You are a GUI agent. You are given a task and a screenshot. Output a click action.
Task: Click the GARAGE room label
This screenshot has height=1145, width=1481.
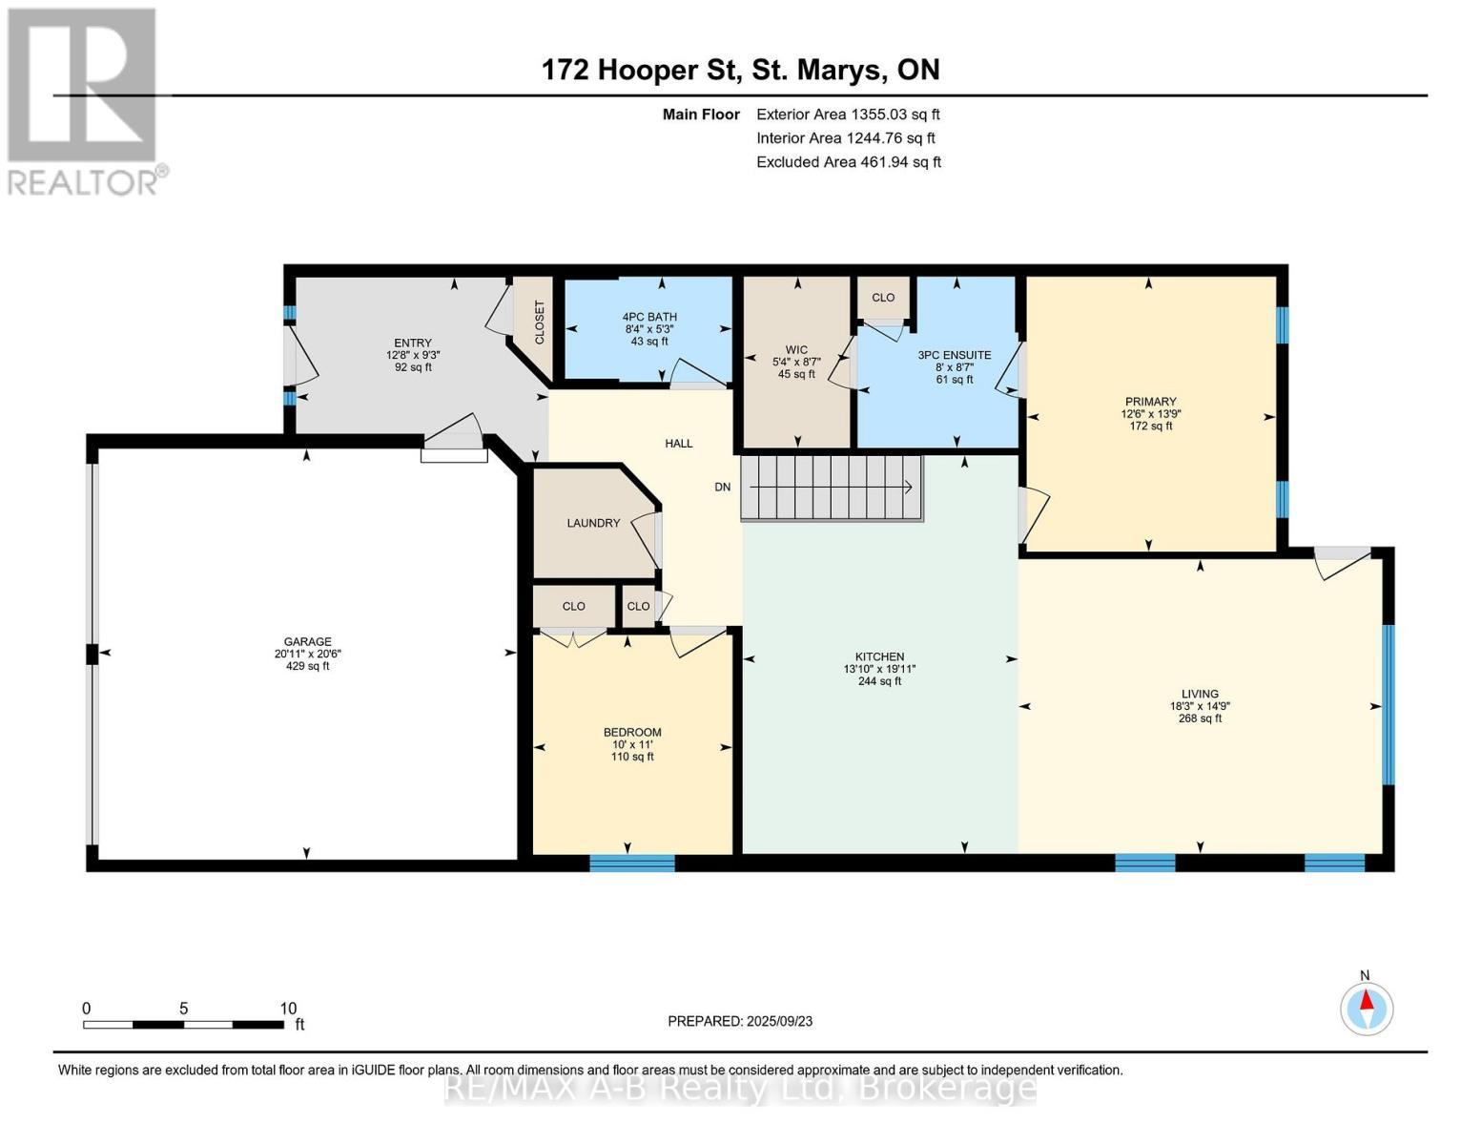(x=307, y=642)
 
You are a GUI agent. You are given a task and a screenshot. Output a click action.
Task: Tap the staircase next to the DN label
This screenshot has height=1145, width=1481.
(x=833, y=488)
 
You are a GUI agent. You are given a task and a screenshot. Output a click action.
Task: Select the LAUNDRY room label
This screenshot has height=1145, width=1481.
(x=593, y=523)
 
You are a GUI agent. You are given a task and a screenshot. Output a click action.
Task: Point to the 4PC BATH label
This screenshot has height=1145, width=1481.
(x=649, y=317)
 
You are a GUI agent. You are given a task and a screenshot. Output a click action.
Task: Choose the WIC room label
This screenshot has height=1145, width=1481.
(x=796, y=350)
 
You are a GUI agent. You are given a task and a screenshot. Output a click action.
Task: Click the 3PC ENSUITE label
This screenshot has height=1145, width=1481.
(x=955, y=355)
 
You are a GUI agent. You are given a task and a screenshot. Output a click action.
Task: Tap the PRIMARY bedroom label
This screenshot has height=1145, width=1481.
(x=1151, y=402)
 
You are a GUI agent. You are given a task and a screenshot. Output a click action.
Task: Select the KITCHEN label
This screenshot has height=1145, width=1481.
(x=880, y=656)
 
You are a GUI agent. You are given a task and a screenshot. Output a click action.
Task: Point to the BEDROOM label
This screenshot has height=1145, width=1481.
(x=632, y=733)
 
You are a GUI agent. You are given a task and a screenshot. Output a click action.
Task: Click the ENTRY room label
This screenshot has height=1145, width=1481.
(x=413, y=343)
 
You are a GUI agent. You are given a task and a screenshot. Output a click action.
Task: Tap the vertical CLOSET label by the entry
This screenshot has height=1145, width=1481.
(x=540, y=323)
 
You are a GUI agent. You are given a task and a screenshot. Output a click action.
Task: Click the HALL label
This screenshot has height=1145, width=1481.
(x=679, y=444)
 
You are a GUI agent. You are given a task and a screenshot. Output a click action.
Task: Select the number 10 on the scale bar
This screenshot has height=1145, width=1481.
(x=288, y=1009)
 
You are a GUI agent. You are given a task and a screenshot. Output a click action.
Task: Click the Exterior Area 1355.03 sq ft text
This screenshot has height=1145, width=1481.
(x=848, y=114)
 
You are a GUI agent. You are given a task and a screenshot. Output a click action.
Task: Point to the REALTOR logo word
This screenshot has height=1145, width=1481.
(x=82, y=183)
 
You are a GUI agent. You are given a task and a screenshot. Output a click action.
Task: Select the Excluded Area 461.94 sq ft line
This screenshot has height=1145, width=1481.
(x=849, y=162)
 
